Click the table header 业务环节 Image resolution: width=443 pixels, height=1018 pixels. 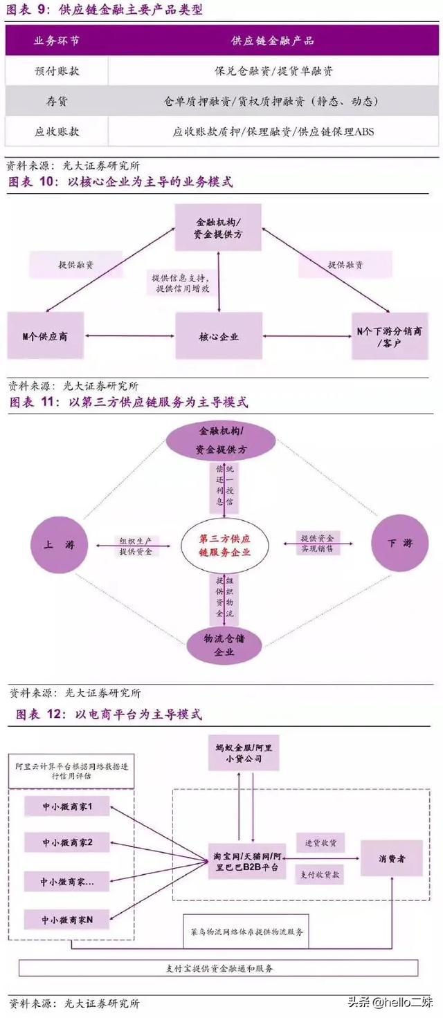57,41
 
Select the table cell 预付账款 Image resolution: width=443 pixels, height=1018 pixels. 57,71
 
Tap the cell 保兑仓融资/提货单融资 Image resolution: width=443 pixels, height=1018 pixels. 274,71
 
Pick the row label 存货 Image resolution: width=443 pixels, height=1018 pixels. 57,101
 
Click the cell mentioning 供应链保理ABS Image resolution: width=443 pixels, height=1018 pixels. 274,131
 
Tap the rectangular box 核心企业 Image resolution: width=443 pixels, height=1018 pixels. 219,336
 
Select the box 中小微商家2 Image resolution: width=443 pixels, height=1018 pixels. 66,842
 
